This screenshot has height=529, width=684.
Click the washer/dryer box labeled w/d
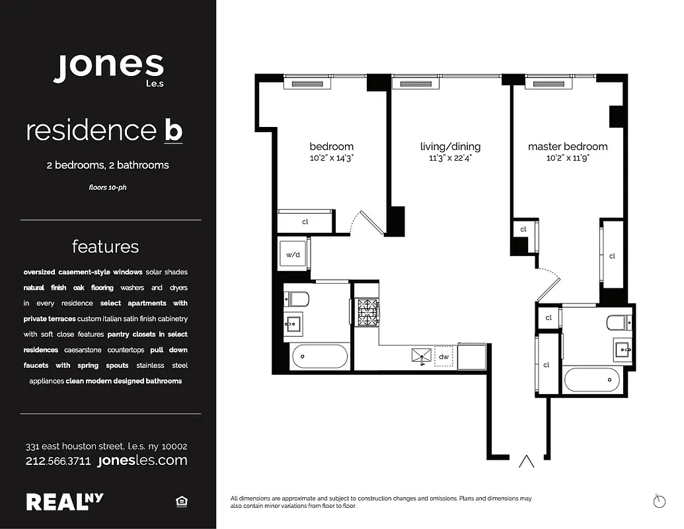point(293,254)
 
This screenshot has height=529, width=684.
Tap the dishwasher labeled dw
point(443,357)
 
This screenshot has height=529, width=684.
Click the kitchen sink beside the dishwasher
point(421,357)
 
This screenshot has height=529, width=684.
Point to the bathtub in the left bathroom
point(319,357)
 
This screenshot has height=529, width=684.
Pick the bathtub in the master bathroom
point(591,380)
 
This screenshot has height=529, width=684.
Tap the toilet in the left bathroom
point(296,299)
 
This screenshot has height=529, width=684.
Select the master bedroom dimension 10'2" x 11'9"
point(567,159)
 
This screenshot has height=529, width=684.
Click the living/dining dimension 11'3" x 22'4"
point(450,159)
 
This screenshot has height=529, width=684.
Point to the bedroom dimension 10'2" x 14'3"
point(331,159)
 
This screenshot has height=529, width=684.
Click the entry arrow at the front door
point(527,462)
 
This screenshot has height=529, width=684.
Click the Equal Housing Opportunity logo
point(181,503)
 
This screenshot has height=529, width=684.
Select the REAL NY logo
point(65,502)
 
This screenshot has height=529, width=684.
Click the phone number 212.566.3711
point(58,461)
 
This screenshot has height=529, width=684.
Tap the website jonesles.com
point(142,461)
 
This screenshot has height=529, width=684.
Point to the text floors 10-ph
point(107,187)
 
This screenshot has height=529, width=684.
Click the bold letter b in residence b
point(172,130)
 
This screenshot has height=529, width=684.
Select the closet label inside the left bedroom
point(305,222)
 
